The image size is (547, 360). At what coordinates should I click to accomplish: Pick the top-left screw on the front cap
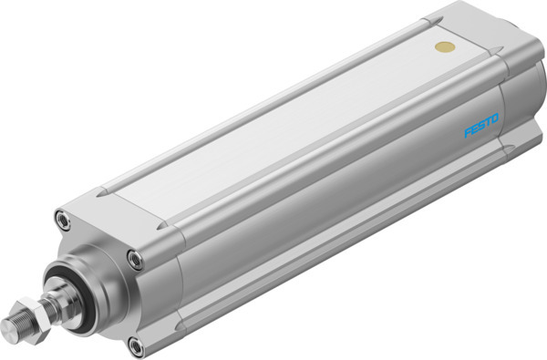[x=61, y=219]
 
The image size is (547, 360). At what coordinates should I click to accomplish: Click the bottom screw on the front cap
[x=136, y=345]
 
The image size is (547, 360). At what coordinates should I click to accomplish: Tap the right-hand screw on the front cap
[x=136, y=261]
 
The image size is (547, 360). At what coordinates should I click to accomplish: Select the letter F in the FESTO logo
[x=467, y=133]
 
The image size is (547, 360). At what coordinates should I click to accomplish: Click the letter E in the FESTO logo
[x=472, y=129]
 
